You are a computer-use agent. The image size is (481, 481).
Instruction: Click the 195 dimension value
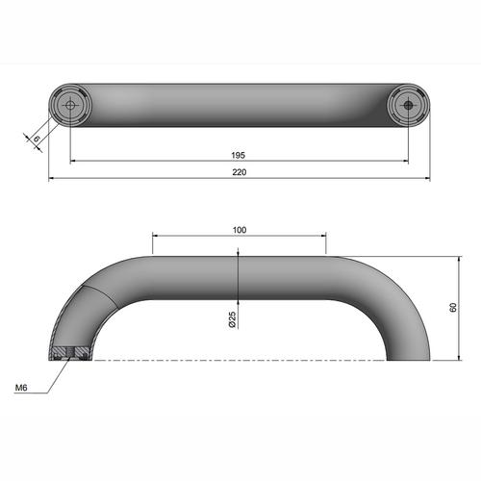(x=239, y=155)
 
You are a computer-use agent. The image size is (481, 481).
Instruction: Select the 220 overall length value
(x=239, y=172)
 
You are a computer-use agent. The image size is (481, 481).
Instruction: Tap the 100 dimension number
(x=239, y=230)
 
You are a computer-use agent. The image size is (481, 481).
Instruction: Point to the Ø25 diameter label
(x=233, y=319)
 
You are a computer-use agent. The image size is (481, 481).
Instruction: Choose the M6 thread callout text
(x=20, y=388)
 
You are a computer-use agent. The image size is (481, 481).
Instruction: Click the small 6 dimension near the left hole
(x=37, y=139)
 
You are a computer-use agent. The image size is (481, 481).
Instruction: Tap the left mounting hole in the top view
(x=71, y=105)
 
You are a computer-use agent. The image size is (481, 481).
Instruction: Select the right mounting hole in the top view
(x=407, y=105)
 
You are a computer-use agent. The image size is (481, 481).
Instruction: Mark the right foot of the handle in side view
(x=407, y=353)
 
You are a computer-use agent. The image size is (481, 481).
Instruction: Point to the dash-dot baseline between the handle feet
(x=240, y=360)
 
